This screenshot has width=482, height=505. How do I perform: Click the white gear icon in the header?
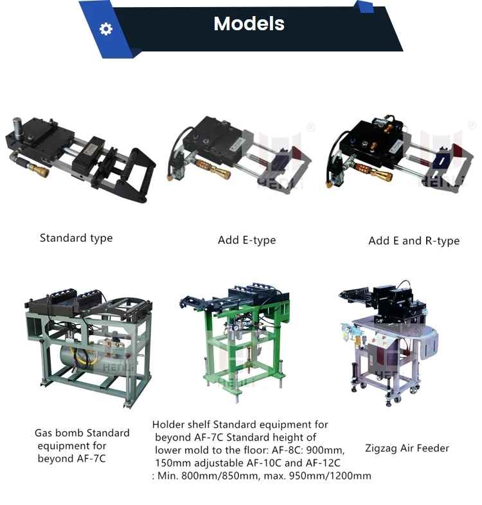coord(106,29)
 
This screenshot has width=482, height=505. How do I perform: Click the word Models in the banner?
coord(249,24)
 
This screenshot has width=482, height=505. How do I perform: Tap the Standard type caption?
coord(76,238)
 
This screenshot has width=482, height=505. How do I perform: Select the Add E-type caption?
coord(247,240)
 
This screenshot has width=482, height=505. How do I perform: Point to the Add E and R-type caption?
coord(414,241)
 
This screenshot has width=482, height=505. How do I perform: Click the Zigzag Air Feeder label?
coord(407,448)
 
